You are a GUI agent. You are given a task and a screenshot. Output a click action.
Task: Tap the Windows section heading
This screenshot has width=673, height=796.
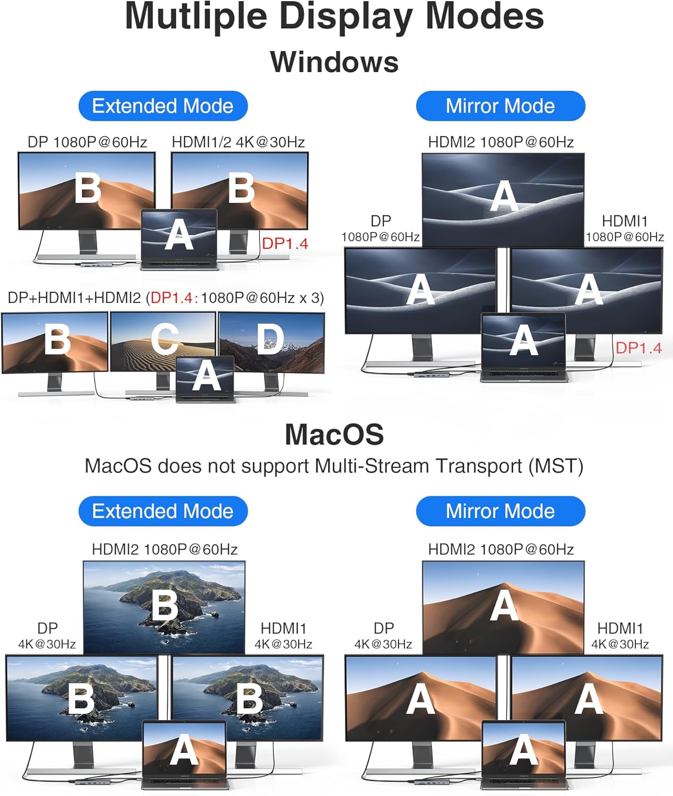[x=334, y=62]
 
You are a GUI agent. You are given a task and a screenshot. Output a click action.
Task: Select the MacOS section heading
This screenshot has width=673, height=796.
[x=334, y=435]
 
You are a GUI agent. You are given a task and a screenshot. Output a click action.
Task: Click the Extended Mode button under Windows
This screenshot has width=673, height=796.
[x=163, y=106]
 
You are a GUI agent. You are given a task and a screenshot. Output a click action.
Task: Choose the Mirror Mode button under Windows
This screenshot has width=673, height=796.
[x=501, y=106]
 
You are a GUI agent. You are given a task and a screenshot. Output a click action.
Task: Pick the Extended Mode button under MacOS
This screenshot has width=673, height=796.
[x=163, y=511]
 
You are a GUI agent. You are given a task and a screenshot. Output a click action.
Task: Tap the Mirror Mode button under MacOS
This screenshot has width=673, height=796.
[x=501, y=511]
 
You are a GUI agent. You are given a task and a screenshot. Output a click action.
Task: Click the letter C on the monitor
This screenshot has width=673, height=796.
[x=165, y=339]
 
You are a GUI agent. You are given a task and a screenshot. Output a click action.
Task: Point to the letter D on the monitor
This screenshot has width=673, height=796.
[x=270, y=339]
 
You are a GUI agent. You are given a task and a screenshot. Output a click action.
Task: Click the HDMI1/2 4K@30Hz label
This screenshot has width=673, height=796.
[x=238, y=142]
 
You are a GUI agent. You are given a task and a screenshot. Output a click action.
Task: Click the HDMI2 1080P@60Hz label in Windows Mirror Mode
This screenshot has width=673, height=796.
[x=501, y=142]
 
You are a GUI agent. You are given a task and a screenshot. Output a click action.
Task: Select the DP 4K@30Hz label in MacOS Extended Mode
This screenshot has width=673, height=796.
[x=47, y=635]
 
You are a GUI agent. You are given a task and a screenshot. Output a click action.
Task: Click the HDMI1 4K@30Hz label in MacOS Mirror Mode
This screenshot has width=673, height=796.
[x=620, y=635]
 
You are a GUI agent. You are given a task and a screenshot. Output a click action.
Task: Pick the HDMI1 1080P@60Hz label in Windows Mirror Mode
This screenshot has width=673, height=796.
[x=625, y=228]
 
